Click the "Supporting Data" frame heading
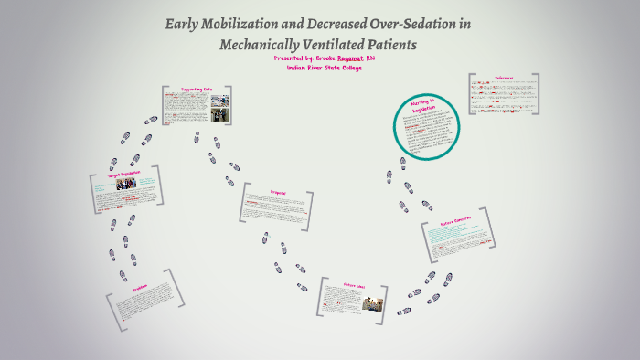tap(197, 90)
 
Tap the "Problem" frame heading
tap(140, 286)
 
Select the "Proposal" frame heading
tap(278, 192)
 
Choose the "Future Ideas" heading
tap(354, 285)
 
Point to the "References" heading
tap(501, 78)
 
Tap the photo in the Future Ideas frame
tap(370, 302)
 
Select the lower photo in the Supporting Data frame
tap(219, 115)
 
